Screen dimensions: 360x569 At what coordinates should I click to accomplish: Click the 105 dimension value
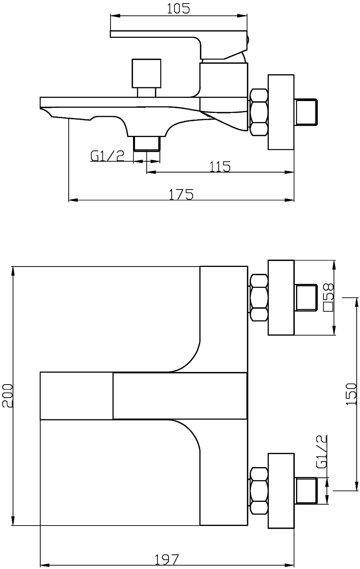tap(178, 9)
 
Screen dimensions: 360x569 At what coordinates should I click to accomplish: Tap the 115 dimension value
tap(220, 167)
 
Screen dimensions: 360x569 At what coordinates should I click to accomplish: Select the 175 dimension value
tap(181, 194)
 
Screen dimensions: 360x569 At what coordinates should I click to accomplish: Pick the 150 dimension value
tap(351, 394)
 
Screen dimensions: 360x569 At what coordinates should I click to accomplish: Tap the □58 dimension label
tap(328, 298)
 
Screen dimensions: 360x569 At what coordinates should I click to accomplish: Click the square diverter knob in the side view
tap(146, 74)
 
